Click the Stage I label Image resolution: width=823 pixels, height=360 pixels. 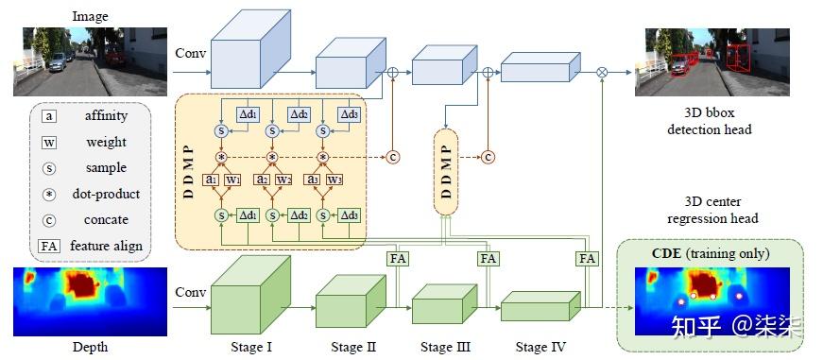(250, 347)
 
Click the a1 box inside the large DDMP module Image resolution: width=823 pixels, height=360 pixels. (212, 180)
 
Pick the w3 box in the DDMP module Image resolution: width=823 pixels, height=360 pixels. (334, 180)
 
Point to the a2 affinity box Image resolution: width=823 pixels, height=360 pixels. (263, 180)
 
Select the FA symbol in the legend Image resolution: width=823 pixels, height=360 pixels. (47, 246)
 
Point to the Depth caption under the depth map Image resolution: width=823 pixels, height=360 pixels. (91, 347)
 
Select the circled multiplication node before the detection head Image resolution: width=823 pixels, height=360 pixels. (603, 72)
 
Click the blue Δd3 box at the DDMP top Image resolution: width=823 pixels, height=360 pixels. (349, 113)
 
